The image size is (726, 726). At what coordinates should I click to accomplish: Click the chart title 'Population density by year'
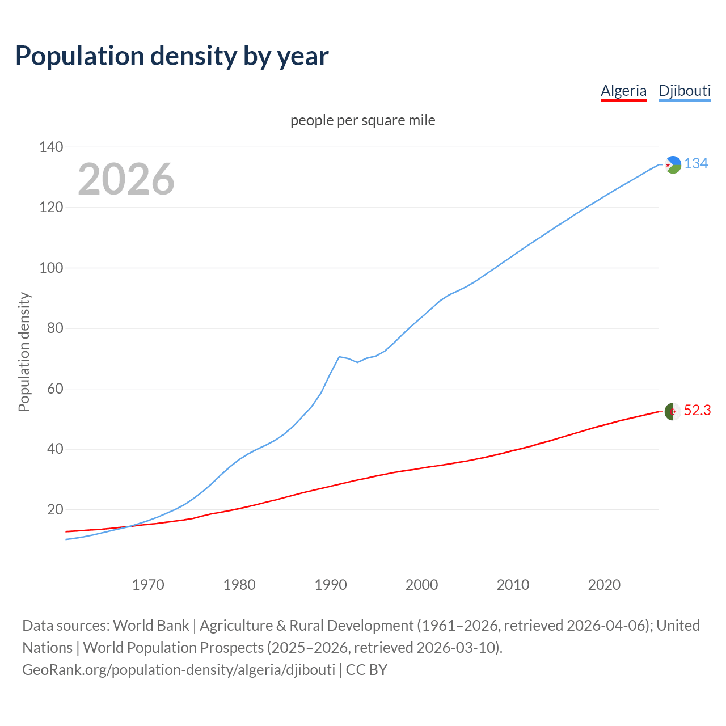coord(172,56)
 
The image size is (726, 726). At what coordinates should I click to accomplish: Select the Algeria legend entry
coord(623,91)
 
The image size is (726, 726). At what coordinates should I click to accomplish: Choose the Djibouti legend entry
coord(685,91)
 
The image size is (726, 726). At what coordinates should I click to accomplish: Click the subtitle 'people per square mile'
coord(362,121)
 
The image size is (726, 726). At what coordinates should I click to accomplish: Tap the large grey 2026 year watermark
coord(126,179)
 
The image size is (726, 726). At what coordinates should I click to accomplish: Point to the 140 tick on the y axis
coord(51,147)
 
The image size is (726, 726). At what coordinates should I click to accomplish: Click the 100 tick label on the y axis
coord(51,268)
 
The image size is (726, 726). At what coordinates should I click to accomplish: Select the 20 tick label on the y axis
coord(54,510)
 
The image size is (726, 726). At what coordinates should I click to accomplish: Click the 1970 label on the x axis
coord(148,585)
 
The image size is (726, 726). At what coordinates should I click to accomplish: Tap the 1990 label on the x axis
coord(331,585)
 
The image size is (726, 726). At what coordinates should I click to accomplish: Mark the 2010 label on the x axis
coord(513,585)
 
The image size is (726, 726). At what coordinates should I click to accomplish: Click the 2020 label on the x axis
coord(604,585)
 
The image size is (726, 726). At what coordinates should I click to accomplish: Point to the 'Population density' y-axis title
coord(24,352)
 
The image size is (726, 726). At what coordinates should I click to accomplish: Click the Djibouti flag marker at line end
coord(673,164)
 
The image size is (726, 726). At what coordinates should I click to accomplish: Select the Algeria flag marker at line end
coord(673,411)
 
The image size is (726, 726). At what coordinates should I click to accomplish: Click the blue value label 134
coord(696,164)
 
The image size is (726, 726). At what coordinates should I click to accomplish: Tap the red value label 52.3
coord(697,411)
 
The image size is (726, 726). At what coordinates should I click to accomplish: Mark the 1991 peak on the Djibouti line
coord(339,357)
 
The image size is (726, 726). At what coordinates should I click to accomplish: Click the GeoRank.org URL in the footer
coord(179,670)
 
